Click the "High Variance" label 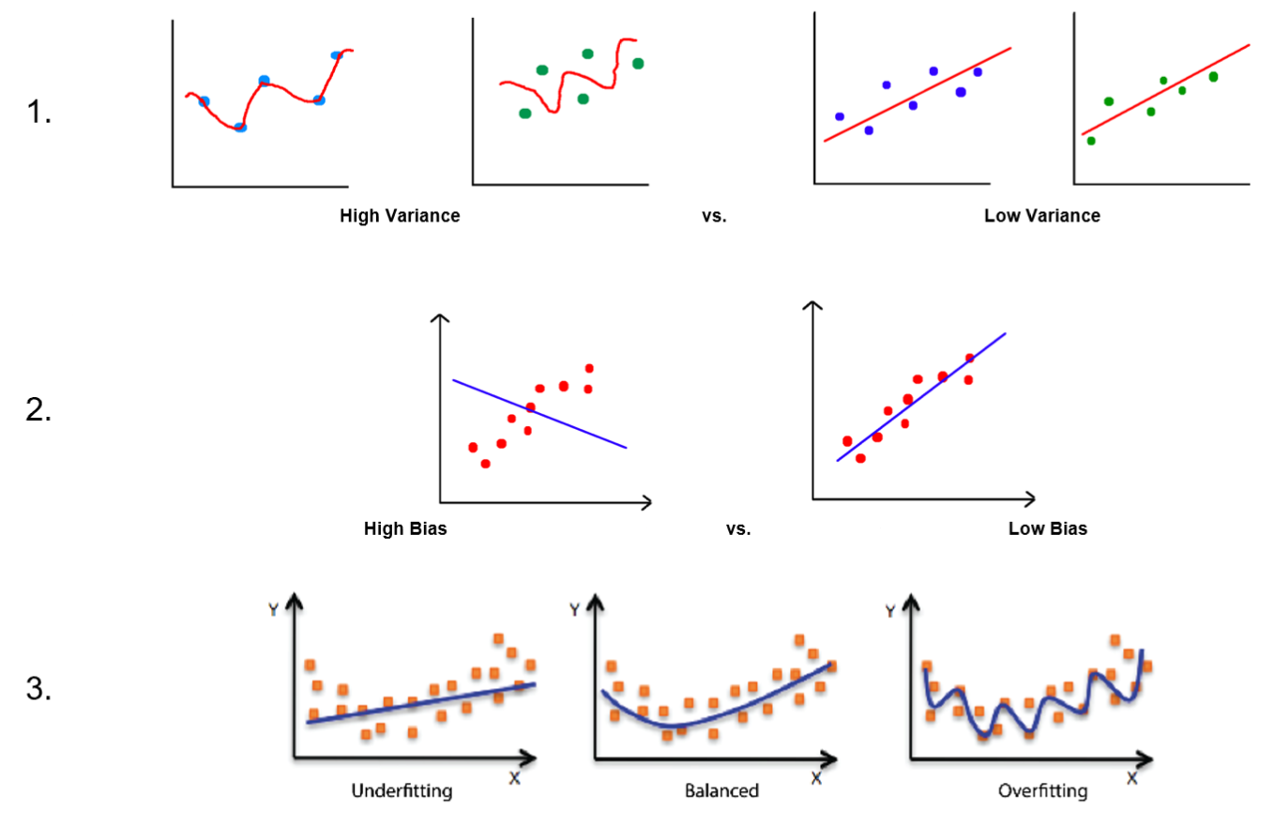[400, 216]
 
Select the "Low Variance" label [1041, 216]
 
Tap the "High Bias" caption [404, 528]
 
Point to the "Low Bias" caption [1047, 528]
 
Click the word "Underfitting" [402, 790]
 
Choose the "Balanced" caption [721, 790]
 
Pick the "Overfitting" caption [1042, 790]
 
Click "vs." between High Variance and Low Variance [714, 216]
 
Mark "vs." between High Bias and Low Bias [738, 528]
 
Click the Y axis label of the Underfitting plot [273, 609]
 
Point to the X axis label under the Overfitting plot [1131, 778]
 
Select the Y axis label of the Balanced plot [574, 609]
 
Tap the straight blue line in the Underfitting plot [422, 703]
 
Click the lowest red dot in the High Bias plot [485, 464]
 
